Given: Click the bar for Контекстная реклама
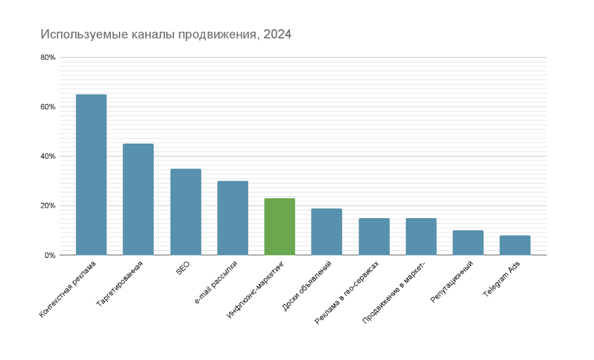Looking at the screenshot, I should pos(91,175).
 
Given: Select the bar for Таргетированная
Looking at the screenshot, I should pos(138,199).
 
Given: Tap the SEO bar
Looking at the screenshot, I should pos(186,212).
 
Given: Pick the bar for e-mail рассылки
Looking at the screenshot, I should pos(232,218).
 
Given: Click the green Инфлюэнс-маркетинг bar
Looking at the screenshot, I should pos(280,227).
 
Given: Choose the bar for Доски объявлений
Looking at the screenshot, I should pos(327,232).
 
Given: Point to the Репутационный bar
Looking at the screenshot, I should pos(468,243).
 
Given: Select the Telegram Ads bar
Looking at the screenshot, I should pos(515,245).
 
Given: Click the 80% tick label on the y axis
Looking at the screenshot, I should pos(48,57).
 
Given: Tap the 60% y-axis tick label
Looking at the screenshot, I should pos(48,107).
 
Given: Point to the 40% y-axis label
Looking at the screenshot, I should pos(48,156).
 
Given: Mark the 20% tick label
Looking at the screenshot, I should pos(48,206).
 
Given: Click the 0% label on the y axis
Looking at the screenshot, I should pos(50,255).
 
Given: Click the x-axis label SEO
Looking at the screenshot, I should pos(183,268).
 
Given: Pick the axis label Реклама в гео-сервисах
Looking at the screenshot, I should pos(347,292).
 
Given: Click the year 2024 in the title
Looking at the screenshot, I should pos(277,34).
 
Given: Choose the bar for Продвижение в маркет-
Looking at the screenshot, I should pos(421,237).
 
